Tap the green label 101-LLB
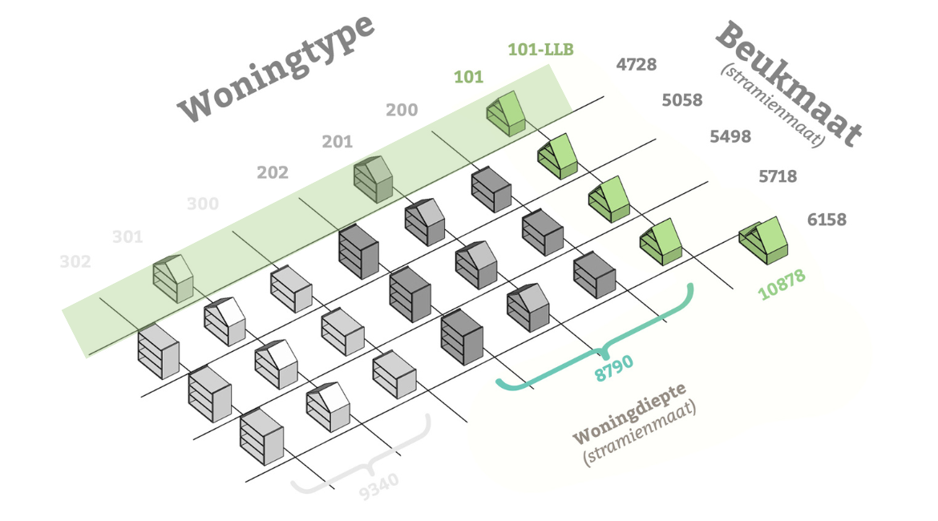tap(540, 50)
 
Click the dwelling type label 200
tap(402, 110)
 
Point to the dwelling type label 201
tap(338, 142)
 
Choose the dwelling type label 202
tap(273, 172)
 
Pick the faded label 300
tap(203, 204)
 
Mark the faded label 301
tap(127, 236)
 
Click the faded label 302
tap(75, 261)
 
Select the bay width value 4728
tap(637, 65)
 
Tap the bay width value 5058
tap(682, 100)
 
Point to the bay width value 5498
tap(730, 136)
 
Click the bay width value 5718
tap(778, 176)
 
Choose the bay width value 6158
tap(827, 219)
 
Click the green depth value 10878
tap(782, 285)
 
